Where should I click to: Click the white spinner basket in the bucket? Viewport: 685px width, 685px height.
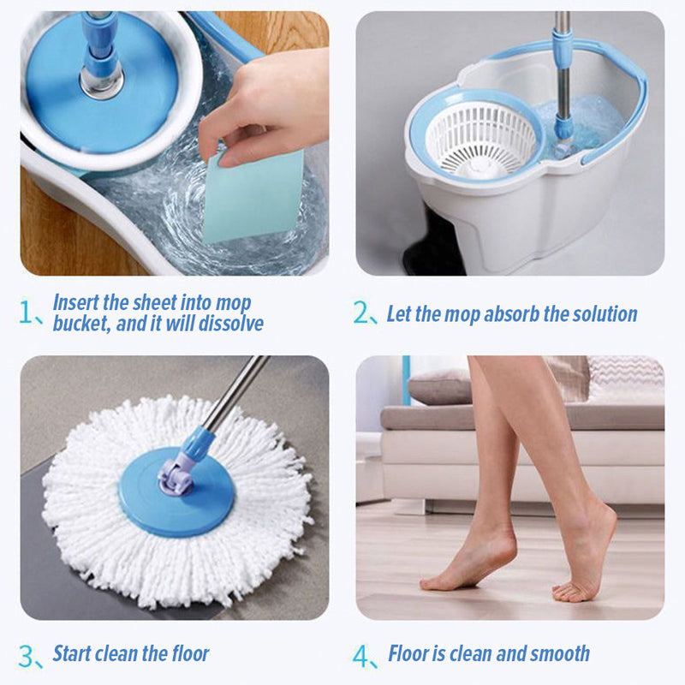tap(480, 140)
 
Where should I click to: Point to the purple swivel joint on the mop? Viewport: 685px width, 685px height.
tap(176, 475)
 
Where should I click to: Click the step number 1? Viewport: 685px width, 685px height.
tap(26, 312)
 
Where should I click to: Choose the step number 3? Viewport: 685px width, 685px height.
tap(27, 656)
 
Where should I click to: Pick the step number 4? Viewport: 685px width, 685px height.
tap(361, 656)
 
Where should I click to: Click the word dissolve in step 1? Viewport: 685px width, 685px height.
tap(231, 324)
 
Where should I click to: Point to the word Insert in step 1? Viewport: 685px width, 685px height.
tap(76, 302)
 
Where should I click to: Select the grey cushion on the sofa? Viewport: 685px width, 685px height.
tap(439, 387)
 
